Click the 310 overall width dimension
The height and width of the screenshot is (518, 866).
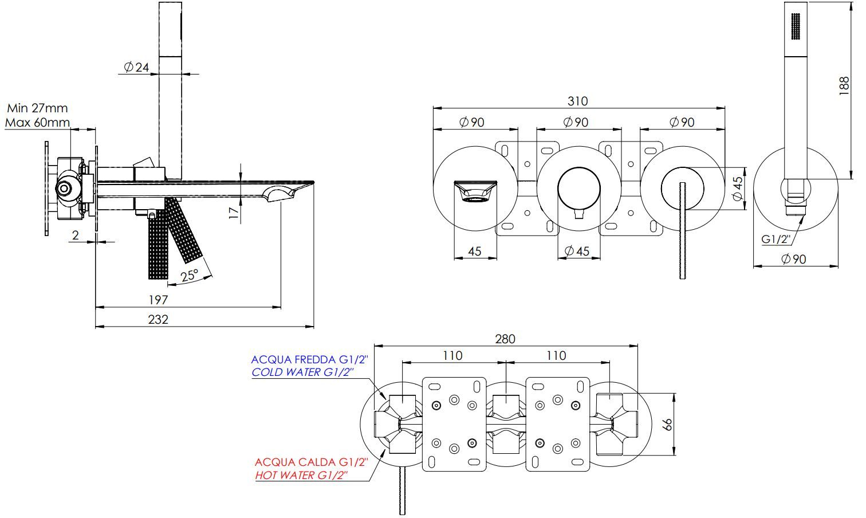[x=577, y=101]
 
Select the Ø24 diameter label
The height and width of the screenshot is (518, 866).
[x=136, y=68]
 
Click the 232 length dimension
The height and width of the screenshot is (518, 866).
[x=159, y=319]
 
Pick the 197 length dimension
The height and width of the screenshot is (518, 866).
[x=158, y=300]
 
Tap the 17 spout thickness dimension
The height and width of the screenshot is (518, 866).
[x=233, y=212]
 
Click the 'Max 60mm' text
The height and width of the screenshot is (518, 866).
[x=37, y=122]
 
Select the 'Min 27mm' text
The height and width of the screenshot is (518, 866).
[x=37, y=108]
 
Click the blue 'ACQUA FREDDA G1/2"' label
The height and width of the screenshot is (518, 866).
[x=309, y=360]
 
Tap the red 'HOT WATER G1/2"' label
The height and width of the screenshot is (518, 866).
[x=301, y=475]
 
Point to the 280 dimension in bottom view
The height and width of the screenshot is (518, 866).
[x=505, y=339]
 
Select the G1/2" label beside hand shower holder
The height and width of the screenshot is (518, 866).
[x=776, y=239]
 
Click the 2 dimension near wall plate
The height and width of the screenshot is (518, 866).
[x=76, y=235]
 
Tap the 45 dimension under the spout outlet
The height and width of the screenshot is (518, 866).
[x=474, y=251]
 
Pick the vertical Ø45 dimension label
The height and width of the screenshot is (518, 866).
[x=738, y=188]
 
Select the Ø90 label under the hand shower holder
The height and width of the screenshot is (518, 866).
[x=793, y=259]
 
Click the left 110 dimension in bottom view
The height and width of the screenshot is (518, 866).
[x=452, y=356]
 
